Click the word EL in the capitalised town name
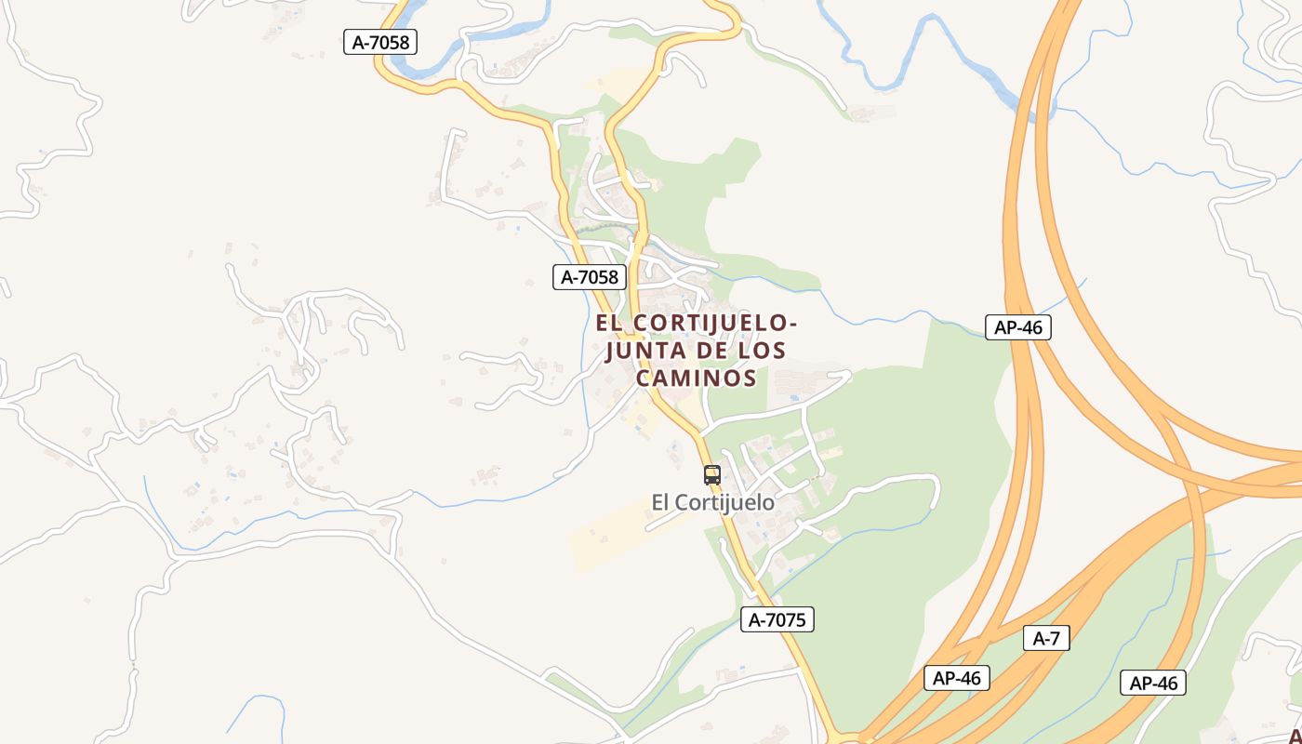[x=610, y=323]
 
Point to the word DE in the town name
[x=708, y=351]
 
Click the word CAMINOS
[x=695, y=378]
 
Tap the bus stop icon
[x=712, y=474]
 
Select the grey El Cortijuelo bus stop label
[x=712, y=502]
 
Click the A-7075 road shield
[x=777, y=619]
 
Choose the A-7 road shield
[x=1046, y=639]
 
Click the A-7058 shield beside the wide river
[x=379, y=42]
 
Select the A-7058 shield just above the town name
[x=590, y=277]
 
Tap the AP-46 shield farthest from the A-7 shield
[x=1018, y=327]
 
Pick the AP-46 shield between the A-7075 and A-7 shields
[x=957, y=678]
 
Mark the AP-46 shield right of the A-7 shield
[x=1153, y=683]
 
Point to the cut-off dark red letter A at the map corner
[x=1295, y=736]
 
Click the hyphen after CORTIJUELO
[x=792, y=324]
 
